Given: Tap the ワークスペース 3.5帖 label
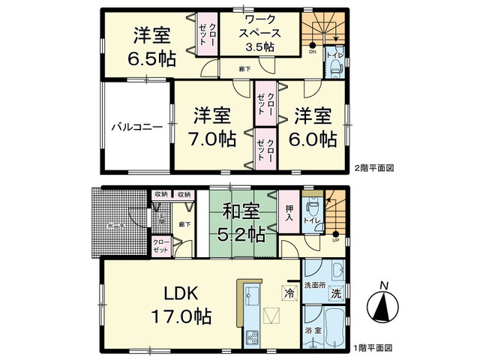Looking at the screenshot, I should pos(259,34).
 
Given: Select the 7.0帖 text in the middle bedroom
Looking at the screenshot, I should pos(212,139).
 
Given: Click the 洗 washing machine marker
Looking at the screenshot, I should pos(337,291).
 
